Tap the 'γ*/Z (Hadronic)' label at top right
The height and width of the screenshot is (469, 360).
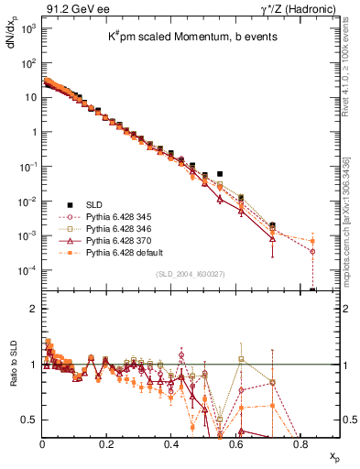pyautogui.click(x=305, y=8)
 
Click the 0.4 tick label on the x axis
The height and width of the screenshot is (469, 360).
pyautogui.click(x=171, y=443)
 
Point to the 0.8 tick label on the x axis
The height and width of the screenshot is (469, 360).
pyautogui.click(x=300, y=443)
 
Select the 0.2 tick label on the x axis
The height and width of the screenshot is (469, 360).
pyautogui.click(x=106, y=443)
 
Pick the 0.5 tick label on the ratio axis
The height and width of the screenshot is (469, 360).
pyautogui.click(x=29, y=420)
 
